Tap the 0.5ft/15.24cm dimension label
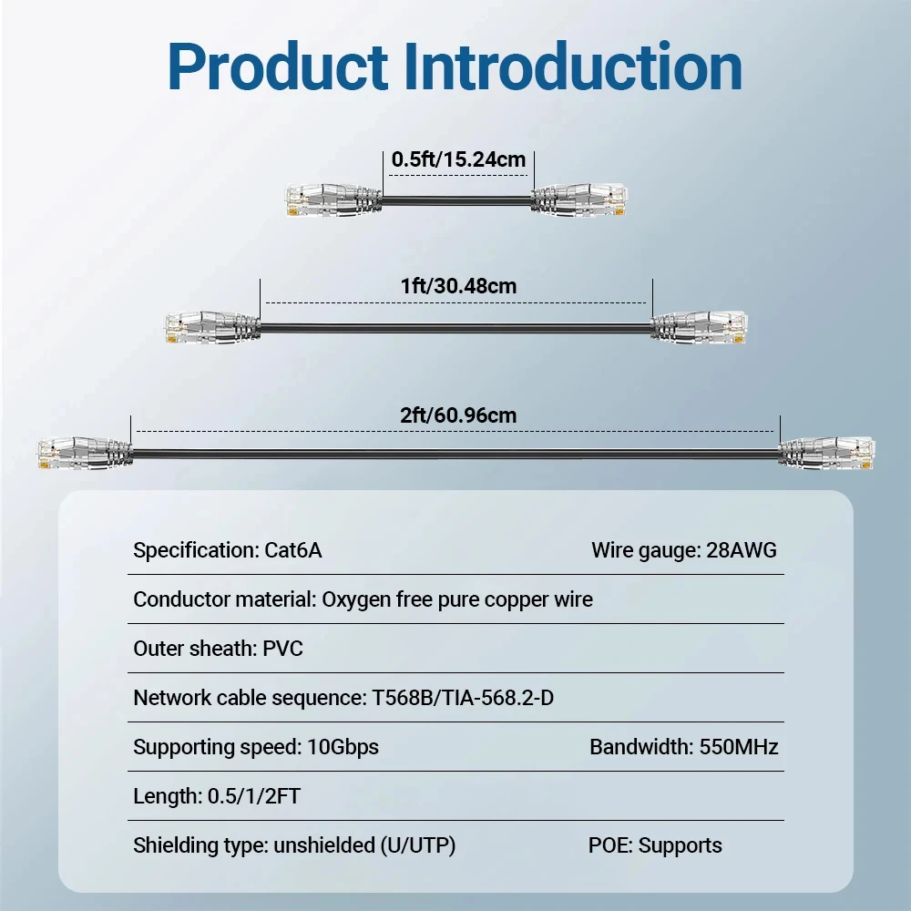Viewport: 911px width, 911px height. pos(458,159)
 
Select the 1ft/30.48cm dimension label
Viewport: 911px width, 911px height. pos(458,286)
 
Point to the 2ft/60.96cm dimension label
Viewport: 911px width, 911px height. pos(458,415)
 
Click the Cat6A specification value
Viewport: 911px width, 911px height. pos(293,550)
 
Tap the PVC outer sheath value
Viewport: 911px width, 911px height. pos(283,649)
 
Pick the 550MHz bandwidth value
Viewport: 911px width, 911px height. pos(738,747)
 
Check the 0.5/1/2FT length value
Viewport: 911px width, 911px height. pos(255,796)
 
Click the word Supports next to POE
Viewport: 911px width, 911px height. pos(681,845)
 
